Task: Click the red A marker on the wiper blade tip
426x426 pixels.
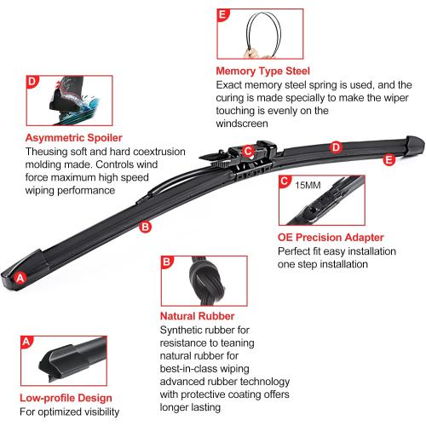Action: point(20,278)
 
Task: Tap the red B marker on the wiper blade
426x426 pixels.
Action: point(145,227)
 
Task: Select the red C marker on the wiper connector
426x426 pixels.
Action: point(248,151)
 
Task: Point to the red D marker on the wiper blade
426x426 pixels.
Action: point(336,147)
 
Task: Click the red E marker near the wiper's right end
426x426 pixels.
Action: point(389,159)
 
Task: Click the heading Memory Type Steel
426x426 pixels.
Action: point(262,71)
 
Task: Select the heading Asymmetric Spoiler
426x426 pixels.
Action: point(74,138)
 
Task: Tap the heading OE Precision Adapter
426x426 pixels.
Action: point(331,238)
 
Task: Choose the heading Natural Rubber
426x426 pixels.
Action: point(197,316)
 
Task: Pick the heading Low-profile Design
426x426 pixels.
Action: point(66,398)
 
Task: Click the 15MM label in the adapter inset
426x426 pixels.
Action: point(308,186)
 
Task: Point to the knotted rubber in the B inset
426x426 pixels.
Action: point(206,280)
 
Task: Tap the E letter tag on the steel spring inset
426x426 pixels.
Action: point(222,14)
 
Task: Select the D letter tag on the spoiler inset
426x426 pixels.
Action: point(32,82)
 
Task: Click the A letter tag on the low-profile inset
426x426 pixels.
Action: point(26,342)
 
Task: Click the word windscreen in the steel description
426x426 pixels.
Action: point(242,124)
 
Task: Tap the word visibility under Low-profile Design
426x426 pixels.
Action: point(101,412)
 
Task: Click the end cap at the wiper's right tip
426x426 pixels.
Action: point(414,145)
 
